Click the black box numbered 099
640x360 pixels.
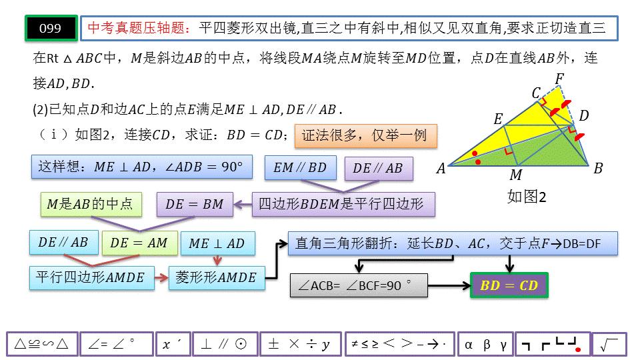pos(51,28)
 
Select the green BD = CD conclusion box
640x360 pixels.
pos(509,286)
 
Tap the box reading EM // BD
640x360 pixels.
pos(300,168)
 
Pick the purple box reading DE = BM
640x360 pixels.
pos(195,205)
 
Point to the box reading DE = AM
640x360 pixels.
pos(139,243)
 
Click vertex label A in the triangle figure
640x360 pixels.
pos(441,169)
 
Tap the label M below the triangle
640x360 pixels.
pos(515,175)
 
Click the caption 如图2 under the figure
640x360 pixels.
pos(527,197)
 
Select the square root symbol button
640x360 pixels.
pos(609,345)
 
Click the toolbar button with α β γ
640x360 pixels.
pos(485,345)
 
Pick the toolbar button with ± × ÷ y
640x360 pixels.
pos(300,345)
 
